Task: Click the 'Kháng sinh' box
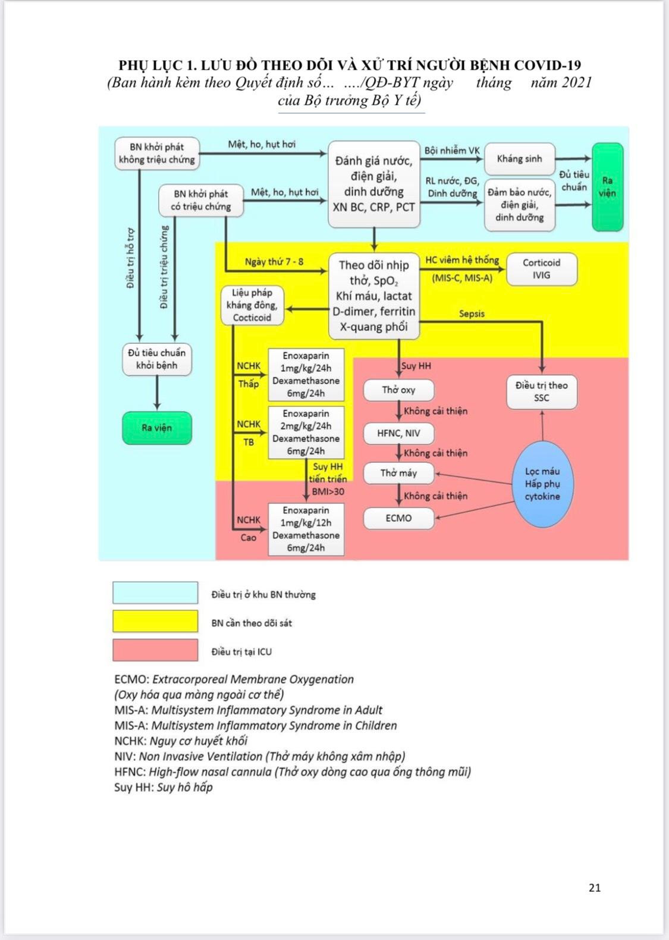pos(519,159)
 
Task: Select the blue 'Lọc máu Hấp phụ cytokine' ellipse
pos(542,483)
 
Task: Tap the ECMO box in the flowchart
pos(398,518)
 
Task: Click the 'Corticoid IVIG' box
pos(541,269)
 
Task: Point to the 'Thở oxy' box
pos(398,390)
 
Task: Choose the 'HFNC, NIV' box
pos(398,433)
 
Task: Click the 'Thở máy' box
pos(398,473)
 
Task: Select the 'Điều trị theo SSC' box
pos(541,391)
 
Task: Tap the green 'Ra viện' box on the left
pos(157,428)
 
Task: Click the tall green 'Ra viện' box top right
pos(607,186)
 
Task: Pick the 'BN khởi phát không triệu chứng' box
pos(157,153)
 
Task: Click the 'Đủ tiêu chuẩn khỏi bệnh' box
pos(157,359)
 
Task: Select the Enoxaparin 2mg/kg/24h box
pos(306,433)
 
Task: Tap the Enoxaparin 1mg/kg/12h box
pos(306,529)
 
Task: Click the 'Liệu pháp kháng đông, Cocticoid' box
pos(252,305)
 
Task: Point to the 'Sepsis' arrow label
pos(472,314)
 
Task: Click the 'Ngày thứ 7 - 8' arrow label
pos(274,262)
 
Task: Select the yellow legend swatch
pos(155,621)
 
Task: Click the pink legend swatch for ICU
pos(155,650)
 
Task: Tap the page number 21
pos(595,888)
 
